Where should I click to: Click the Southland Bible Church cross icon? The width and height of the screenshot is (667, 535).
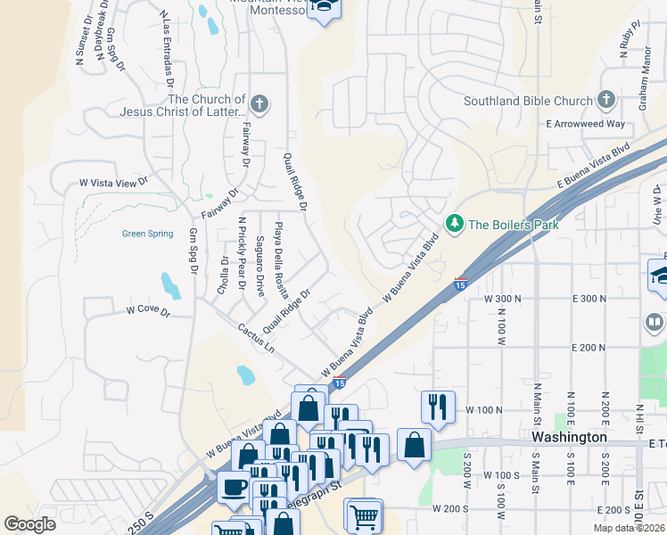pyautogui.click(x=607, y=100)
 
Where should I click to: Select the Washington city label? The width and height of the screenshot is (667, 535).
pyautogui.click(x=569, y=437)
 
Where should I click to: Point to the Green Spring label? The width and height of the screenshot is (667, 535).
pyautogui.click(x=147, y=235)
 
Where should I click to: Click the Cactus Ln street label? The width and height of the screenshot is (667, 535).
pyautogui.click(x=256, y=343)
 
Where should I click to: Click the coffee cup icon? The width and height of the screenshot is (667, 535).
pyautogui.click(x=235, y=487)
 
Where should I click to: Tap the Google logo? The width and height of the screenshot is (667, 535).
pyautogui.click(x=29, y=523)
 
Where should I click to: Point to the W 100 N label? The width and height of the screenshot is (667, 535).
pyautogui.click(x=485, y=409)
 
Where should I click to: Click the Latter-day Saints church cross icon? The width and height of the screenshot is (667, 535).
pyautogui.click(x=259, y=104)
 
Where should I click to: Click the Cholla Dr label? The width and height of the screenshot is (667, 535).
pyautogui.click(x=224, y=274)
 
